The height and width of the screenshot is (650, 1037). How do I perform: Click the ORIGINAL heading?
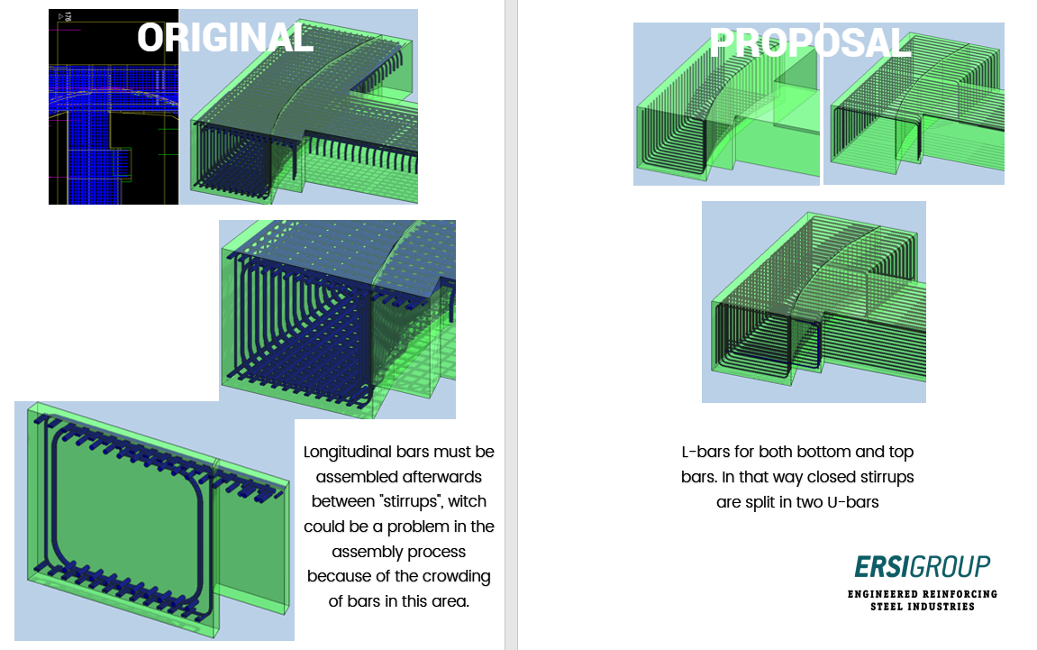225,38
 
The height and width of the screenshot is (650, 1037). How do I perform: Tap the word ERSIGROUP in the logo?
922,566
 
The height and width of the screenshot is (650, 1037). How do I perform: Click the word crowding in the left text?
459,576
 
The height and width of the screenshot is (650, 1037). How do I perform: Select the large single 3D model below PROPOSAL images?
814,302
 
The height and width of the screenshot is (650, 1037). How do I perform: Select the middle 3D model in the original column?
338,320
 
